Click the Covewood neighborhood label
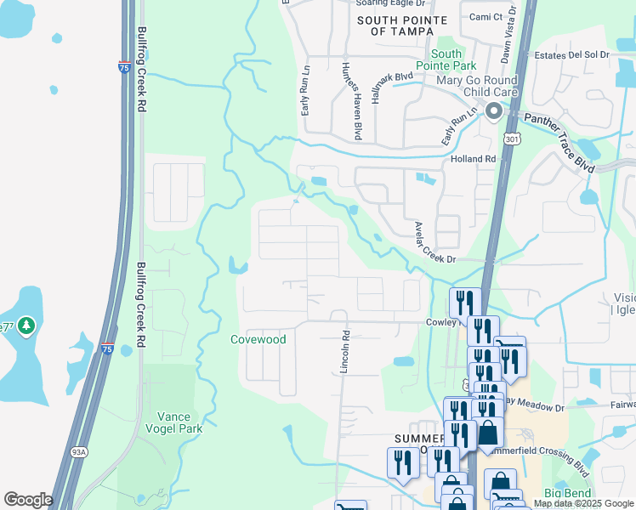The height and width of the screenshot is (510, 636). click(258, 340)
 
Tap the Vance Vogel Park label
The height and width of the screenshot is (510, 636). click(180, 422)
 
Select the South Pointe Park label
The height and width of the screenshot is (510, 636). click(446, 59)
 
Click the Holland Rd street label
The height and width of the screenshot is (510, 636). click(473, 159)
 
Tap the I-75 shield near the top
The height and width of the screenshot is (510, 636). click(123, 66)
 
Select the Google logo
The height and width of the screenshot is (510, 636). click(28, 500)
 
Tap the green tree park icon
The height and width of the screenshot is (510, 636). click(26, 326)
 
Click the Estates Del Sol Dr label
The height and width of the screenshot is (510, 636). click(572, 55)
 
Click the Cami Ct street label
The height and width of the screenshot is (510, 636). click(486, 16)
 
